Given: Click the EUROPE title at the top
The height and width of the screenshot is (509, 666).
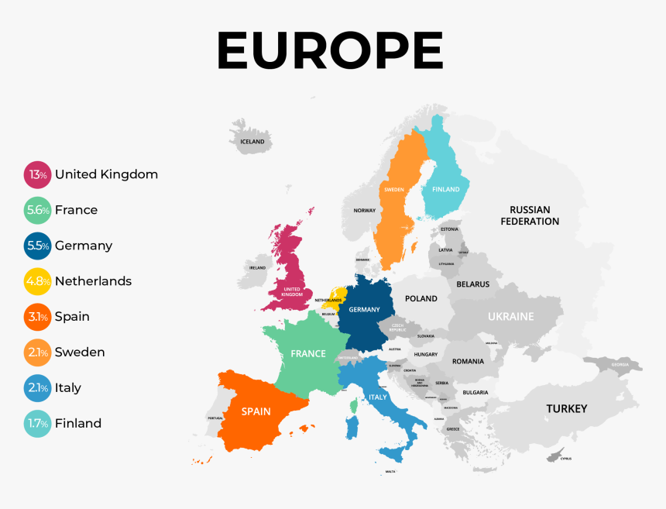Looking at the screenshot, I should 330,51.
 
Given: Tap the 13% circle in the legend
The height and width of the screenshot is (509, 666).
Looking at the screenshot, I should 37,175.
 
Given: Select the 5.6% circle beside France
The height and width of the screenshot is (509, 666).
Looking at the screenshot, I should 37,211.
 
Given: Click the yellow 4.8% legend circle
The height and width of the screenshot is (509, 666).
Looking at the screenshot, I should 37,281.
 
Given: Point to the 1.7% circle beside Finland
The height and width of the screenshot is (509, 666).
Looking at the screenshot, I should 37,424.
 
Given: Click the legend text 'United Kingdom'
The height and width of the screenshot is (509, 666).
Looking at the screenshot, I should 106,174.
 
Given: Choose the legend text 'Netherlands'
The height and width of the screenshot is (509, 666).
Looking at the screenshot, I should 93,281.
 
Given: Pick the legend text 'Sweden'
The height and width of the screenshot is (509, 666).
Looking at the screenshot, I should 80,353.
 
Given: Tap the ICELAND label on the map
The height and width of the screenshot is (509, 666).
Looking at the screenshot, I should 252,142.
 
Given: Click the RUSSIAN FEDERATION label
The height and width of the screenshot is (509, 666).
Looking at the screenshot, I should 530,215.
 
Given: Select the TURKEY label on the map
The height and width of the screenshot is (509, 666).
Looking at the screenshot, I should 567,408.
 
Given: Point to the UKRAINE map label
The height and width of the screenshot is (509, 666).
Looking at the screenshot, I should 511,316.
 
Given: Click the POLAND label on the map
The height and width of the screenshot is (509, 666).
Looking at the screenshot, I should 421,298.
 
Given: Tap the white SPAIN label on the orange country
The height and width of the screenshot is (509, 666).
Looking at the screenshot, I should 256,411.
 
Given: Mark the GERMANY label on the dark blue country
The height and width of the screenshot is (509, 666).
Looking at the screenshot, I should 365,310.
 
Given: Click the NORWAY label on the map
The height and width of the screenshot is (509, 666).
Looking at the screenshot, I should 364,211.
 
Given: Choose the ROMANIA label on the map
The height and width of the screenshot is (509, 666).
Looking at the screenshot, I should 468,361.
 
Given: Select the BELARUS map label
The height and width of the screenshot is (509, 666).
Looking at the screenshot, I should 472,284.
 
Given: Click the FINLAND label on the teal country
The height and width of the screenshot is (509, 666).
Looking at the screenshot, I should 445,189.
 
